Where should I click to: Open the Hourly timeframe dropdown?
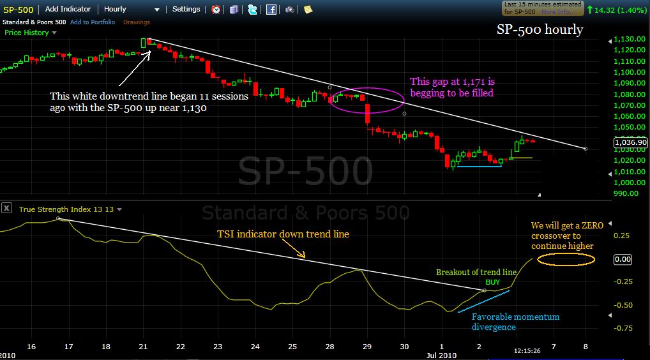point(132,10)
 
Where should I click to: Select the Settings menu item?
point(186,10)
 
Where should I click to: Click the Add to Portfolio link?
point(93,22)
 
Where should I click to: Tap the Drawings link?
point(136,22)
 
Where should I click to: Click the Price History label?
point(27,32)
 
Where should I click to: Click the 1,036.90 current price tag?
point(630,143)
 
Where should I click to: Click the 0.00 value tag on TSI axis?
point(623,259)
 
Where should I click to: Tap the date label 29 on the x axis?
point(367,347)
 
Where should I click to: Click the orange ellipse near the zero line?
point(566,259)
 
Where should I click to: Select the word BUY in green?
point(492,281)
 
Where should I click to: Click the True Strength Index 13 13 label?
point(66,209)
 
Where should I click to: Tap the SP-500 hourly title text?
point(540,29)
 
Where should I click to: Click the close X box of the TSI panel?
point(6,207)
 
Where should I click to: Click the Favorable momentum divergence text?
point(515,322)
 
